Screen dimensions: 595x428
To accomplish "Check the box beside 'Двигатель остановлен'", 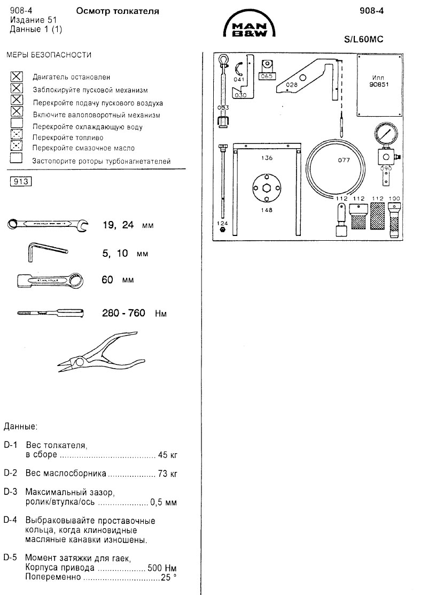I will pyautogui.click(x=17, y=77).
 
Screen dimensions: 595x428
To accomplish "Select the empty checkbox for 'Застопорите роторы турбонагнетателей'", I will pyautogui.click(x=17, y=158).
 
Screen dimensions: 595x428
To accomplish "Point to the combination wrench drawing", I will pyautogui.click(x=48, y=224).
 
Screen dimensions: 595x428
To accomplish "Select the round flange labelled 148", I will pyautogui.click(x=267, y=189).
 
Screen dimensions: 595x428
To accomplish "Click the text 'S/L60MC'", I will pyautogui.click(x=365, y=39).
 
